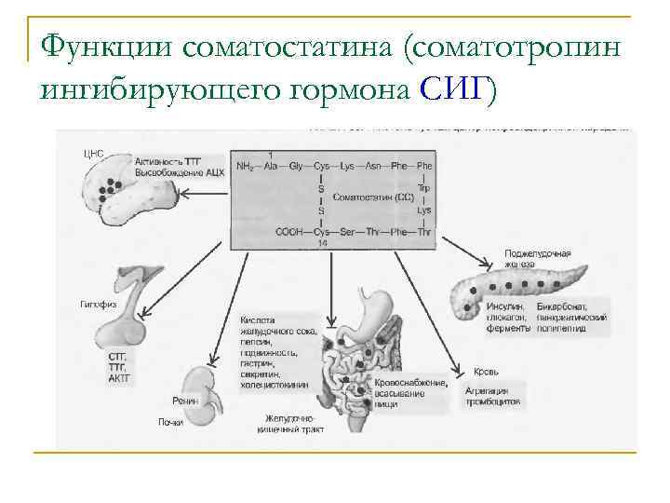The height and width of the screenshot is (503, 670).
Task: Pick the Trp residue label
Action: coord(424,186)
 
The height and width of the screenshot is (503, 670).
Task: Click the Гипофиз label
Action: coord(97,304)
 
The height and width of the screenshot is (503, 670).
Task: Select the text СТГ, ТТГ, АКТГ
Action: coord(118,367)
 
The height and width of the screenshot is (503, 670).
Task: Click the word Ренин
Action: coord(184,401)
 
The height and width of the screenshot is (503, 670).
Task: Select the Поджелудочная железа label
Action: coord(537,258)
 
